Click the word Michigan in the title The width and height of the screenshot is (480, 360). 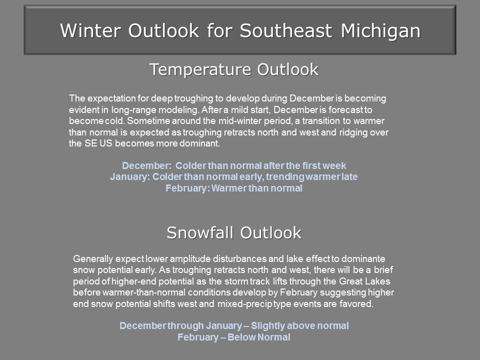380,31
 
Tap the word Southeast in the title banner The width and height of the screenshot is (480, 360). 286,30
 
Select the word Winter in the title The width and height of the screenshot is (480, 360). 90,30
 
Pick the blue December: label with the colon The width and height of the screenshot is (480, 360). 146,165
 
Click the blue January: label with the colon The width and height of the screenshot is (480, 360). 130,176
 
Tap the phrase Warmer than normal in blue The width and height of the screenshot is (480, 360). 256,188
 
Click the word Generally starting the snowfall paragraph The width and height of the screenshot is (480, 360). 93,259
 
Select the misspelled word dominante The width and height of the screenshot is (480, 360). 363,258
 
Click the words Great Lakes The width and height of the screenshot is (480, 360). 364,281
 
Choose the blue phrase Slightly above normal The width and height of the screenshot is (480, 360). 299,325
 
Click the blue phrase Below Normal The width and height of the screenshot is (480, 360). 258,337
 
